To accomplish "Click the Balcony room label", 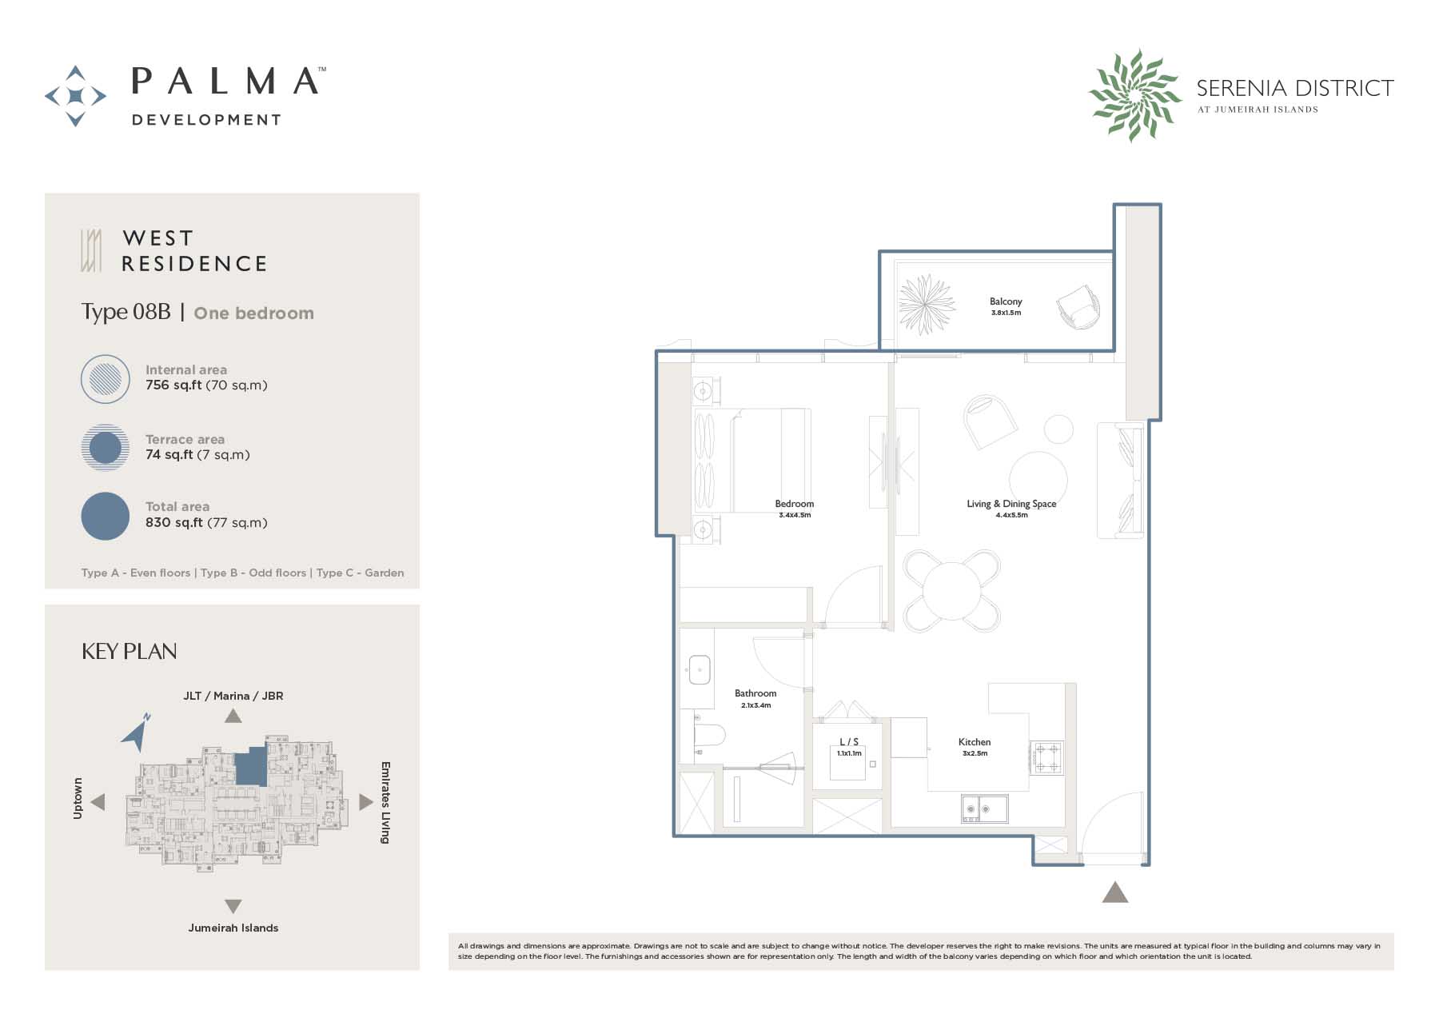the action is pos(1006,301).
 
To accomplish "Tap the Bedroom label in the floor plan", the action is pos(795,504).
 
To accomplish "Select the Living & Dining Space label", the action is pos(1011,504).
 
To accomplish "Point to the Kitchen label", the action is pos(975,742).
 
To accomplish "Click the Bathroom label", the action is pos(755,693).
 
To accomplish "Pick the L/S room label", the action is pos(849,742).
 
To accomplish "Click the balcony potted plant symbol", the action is pos(927,304).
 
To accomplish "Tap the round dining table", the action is pos(952,591).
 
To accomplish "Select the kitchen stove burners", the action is pos(1046,758).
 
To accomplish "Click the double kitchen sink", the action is pos(984,808).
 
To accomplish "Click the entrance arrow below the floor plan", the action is pos(1114,892).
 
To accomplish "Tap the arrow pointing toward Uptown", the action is pos(98,801).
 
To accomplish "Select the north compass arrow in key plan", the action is pos(136,732).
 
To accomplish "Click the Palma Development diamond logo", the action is pos(75,96).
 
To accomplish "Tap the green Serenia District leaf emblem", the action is pos(1134,95).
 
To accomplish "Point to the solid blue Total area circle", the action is pos(106,516).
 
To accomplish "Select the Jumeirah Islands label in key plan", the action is pos(233,928).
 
